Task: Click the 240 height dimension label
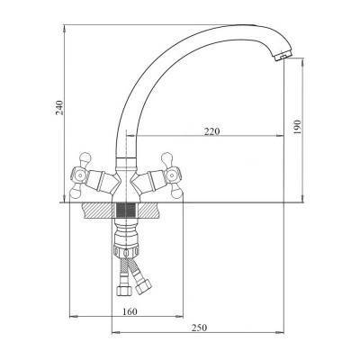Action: tap(60, 107)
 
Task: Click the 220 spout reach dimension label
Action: tap(211, 131)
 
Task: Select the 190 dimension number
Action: tap(297, 127)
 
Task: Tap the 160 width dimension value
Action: tap(130, 311)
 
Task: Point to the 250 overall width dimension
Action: tap(199, 328)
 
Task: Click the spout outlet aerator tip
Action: tap(283, 56)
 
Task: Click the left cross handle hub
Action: tap(79, 175)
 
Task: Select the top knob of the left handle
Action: tap(85, 157)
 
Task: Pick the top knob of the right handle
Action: tap(166, 157)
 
